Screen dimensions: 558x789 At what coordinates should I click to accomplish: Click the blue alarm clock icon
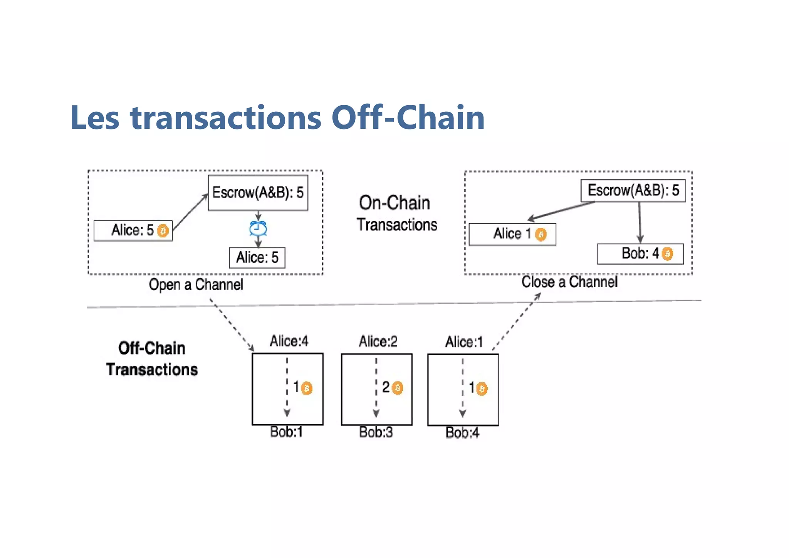[258, 229]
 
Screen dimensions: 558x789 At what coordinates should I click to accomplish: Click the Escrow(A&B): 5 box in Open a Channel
[258, 193]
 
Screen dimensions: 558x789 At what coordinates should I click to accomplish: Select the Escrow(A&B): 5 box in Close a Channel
[633, 190]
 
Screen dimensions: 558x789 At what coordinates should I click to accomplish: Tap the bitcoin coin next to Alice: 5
[163, 231]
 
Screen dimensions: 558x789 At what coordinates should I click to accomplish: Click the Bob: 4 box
[640, 254]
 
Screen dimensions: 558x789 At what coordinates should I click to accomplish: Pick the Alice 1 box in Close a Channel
[512, 234]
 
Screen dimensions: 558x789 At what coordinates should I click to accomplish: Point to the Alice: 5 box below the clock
[257, 257]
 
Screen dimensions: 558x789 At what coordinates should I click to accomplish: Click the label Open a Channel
[196, 285]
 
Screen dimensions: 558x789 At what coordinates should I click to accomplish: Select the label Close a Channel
[569, 282]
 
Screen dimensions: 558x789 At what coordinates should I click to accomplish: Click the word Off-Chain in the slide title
[408, 118]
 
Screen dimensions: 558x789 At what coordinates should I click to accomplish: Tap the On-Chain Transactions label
[396, 213]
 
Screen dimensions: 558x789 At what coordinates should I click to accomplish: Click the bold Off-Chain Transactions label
[152, 359]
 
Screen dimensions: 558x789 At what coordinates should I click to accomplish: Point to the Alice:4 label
[289, 341]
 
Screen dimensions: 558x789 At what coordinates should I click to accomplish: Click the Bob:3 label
[376, 432]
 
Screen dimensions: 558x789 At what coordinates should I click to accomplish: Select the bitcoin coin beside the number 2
[398, 388]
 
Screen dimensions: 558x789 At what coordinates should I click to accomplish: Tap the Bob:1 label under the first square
[286, 432]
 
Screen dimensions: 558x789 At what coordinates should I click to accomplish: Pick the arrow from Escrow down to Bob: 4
[640, 222]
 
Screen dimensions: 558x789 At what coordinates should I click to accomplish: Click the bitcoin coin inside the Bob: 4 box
[667, 254]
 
